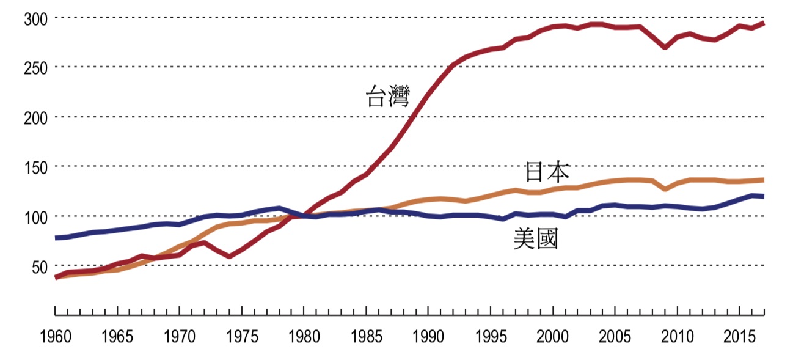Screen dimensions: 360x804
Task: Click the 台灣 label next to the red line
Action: (387, 97)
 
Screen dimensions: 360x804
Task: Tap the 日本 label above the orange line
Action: (547, 172)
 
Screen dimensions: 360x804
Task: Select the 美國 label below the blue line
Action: (536, 238)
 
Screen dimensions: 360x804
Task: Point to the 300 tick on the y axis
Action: (36, 18)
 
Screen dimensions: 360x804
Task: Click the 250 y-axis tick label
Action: (36, 67)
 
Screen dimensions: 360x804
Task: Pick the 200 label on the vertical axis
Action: (36, 117)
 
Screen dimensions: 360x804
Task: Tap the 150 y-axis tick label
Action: (36, 167)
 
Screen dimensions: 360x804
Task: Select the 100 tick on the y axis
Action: (36, 216)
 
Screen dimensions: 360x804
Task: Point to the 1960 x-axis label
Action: (55, 337)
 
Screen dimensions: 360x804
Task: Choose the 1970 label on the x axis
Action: (180, 337)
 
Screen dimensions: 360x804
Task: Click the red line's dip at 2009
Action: (665, 47)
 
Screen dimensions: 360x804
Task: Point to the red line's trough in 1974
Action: (229, 256)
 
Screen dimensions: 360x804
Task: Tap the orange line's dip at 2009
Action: (665, 189)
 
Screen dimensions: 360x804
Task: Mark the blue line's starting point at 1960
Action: (56, 238)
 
